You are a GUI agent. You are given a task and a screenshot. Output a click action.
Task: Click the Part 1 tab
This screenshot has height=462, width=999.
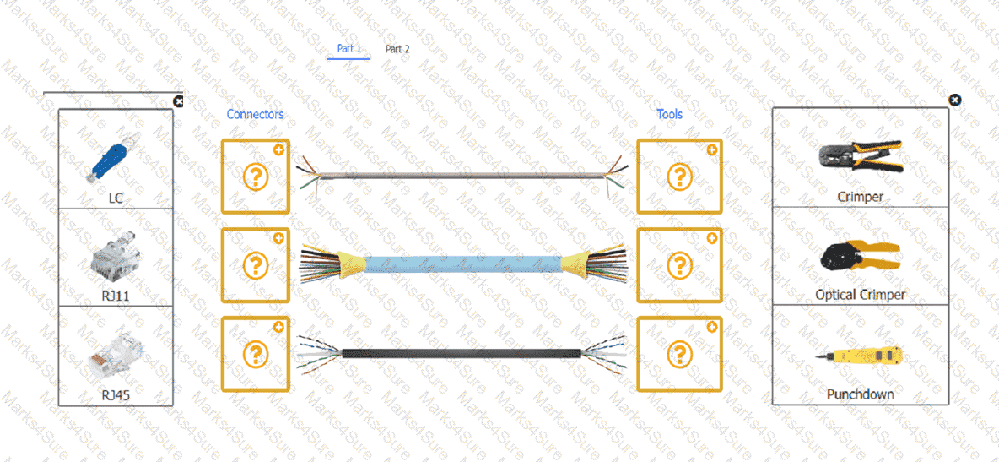click(x=348, y=48)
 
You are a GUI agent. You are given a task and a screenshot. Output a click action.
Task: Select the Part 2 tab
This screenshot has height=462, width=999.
click(x=397, y=48)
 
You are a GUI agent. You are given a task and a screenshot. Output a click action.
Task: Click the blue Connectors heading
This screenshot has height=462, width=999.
click(x=256, y=114)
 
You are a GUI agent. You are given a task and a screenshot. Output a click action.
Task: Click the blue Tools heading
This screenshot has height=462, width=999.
click(x=670, y=114)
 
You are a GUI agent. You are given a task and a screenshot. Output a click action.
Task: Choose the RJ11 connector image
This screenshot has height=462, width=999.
click(x=115, y=255)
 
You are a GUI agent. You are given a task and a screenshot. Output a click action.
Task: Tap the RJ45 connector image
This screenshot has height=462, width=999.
click(x=116, y=354)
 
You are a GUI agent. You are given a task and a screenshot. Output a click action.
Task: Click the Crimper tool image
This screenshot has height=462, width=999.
click(x=861, y=156)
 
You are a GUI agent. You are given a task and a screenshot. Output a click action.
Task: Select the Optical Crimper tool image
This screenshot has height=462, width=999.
click(x=861, y=258)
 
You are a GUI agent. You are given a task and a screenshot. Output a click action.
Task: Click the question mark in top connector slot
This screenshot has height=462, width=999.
click(x=256, y=177)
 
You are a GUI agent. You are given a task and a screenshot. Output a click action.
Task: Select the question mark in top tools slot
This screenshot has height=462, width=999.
click(x=680, y=177)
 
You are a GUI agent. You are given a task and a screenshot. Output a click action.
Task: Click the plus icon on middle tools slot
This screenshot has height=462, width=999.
click(x=712, y=239)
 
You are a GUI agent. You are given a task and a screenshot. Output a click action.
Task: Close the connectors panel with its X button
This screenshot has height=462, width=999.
click(x=178, y=101)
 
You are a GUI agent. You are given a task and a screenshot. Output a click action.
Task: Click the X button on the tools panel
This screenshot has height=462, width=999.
click(x=954, y=101)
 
